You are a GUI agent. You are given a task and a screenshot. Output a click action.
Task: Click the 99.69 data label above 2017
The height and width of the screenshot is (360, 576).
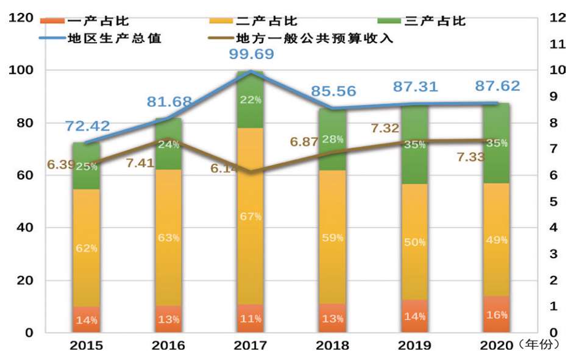251,54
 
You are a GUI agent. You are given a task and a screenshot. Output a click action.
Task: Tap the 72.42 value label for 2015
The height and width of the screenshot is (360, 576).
89,126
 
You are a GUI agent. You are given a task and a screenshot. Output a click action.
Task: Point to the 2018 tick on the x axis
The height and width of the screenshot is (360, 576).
332,346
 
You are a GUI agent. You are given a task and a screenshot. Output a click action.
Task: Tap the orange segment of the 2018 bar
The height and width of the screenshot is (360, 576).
333,317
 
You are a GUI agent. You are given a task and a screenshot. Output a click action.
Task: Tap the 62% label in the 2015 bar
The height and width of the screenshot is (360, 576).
86,249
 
